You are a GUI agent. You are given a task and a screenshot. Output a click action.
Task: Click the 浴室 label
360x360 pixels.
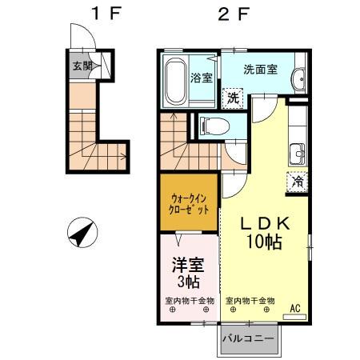202,78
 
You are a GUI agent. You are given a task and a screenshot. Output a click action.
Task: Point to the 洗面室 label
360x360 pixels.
260,70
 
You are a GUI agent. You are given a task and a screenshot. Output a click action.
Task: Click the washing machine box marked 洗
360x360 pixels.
231,98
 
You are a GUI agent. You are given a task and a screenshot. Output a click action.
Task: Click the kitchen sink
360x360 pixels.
298,150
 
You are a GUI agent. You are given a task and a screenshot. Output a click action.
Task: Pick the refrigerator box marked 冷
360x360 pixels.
296,182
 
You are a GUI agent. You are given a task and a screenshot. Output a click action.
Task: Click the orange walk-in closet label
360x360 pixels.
190,203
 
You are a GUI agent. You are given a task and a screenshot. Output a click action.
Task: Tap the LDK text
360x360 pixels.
260,225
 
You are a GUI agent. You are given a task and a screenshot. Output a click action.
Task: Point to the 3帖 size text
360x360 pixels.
189,282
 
